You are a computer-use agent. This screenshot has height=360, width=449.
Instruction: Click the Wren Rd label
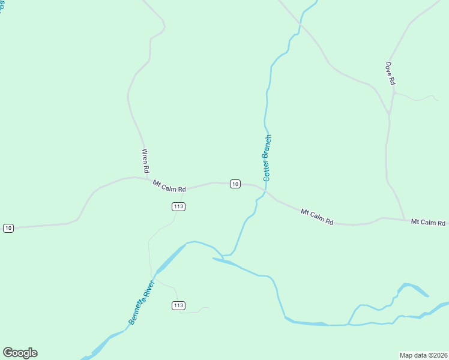point(145,161)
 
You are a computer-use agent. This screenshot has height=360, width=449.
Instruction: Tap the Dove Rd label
point(391,73)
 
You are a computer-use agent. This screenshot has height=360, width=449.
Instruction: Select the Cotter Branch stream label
point(268,158)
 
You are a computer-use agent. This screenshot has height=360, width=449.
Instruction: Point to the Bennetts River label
point(142,303)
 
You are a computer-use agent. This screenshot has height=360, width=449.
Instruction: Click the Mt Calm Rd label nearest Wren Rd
point(169,186)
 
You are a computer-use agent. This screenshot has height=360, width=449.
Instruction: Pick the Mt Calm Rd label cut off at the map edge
point(428,223)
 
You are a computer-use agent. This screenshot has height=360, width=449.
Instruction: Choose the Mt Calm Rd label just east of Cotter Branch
point(317,217)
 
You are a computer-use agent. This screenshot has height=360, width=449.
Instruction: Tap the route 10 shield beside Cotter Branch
point(235,184)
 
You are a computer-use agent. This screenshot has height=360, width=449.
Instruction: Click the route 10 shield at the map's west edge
point(8,228)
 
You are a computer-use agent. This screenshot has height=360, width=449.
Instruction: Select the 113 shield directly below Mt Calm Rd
point(178,206)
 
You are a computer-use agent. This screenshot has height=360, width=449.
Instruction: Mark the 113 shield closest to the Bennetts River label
point(178,305)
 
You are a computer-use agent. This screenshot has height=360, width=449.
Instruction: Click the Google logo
point(20,353)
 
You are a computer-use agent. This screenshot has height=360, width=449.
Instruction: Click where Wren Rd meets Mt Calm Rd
point(148,178)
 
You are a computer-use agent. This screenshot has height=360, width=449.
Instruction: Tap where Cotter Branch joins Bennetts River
point(223,256)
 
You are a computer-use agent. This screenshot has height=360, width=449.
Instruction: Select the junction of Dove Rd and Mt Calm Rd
point(405,219)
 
